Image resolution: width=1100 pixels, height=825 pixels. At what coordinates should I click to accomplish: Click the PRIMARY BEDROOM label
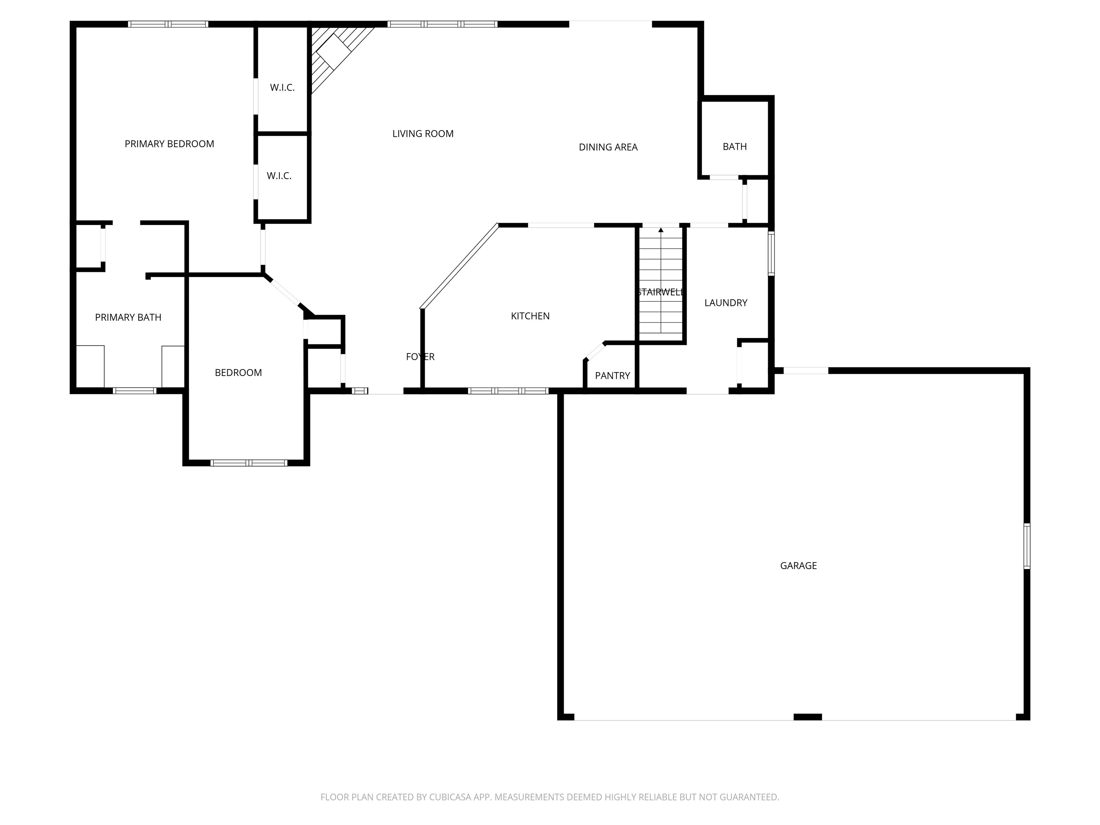click(x=169, y=144)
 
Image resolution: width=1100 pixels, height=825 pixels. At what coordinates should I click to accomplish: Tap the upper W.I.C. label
click(x=282, y=87)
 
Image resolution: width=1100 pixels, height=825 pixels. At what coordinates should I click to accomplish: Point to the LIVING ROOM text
click(x=423, y=134)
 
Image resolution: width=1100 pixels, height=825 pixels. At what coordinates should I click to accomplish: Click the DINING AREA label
click(x=608, y=147)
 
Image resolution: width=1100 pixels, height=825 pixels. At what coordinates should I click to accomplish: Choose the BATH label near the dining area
click(x=734, y=147)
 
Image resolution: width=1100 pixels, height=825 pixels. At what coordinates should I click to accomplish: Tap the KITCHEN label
click(x=530, y=316)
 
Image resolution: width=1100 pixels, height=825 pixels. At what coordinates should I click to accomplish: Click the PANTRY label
click(x=612, y=376)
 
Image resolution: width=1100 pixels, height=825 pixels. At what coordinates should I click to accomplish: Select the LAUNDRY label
click(x=725, y=303)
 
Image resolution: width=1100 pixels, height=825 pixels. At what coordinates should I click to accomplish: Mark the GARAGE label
click(x=798, y=565)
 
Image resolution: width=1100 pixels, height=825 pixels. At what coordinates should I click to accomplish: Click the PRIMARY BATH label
click(x=128, y=317)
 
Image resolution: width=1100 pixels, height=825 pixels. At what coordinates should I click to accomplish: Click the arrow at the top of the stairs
click(x=660, y=230)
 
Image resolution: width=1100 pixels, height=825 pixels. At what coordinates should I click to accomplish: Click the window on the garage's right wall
click(x=1026, y=546)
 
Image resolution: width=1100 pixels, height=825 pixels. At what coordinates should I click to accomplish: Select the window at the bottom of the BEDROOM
click(x=248, y=463)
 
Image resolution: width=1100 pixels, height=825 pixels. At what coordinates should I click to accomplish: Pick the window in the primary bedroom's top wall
click(x=168, y=24)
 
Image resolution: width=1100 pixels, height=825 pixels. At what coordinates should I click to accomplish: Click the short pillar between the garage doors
click(x=807, y=717)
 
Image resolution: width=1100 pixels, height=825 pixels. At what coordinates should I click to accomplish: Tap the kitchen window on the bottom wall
click(x=508, y=391)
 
